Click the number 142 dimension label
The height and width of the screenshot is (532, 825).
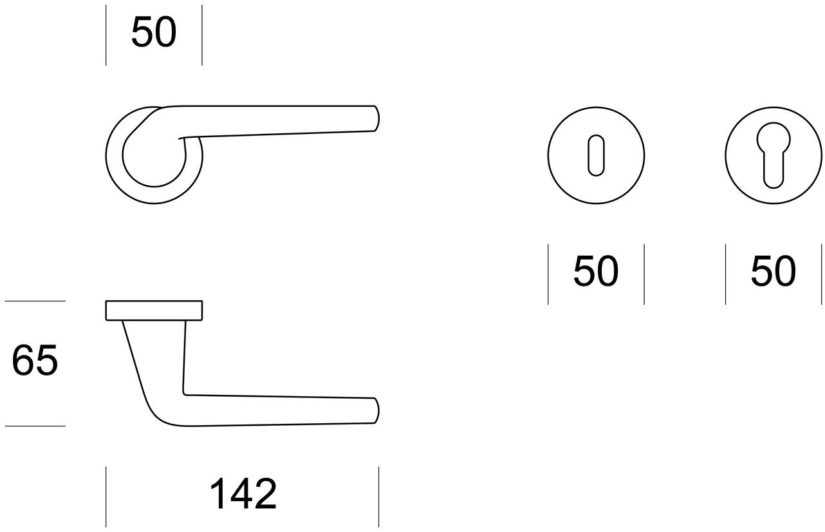[243, 495]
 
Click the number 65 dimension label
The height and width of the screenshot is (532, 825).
[35, 361]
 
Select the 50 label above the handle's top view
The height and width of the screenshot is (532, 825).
[153, 33]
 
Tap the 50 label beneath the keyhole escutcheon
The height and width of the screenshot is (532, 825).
[595, 272]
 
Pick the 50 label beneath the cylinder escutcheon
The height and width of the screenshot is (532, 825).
[773, 272]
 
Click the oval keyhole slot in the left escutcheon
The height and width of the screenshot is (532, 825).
[596, 155]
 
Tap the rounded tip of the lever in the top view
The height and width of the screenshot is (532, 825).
[376, 119]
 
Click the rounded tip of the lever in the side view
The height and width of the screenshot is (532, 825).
[376, 410]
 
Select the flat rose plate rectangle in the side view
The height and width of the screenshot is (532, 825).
[154, 310]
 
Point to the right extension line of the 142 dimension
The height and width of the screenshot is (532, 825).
[378, 497]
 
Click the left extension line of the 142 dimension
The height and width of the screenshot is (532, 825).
[106, 497]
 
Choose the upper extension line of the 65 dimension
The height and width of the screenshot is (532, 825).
[35, 301]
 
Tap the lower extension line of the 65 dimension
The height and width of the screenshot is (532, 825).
[35, 426]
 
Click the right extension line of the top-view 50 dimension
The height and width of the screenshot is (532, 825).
[202, 35]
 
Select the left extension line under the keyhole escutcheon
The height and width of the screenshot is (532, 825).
[548, 274]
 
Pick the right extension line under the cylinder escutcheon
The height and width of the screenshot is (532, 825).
[822, 274]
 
